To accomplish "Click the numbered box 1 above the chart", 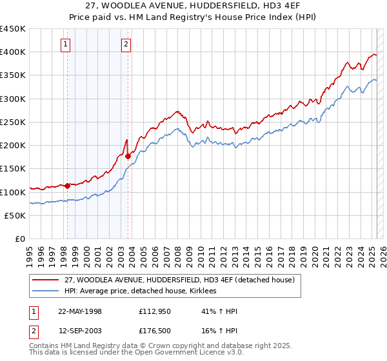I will [67, 44].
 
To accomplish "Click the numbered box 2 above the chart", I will [126, 44].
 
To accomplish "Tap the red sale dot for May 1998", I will [67, 186].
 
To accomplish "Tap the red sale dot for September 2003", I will [128, 156].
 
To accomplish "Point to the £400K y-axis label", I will [13, 52].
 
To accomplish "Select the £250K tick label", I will [13, 122].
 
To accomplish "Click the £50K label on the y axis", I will [15, 215].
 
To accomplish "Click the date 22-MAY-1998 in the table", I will [80, 311].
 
